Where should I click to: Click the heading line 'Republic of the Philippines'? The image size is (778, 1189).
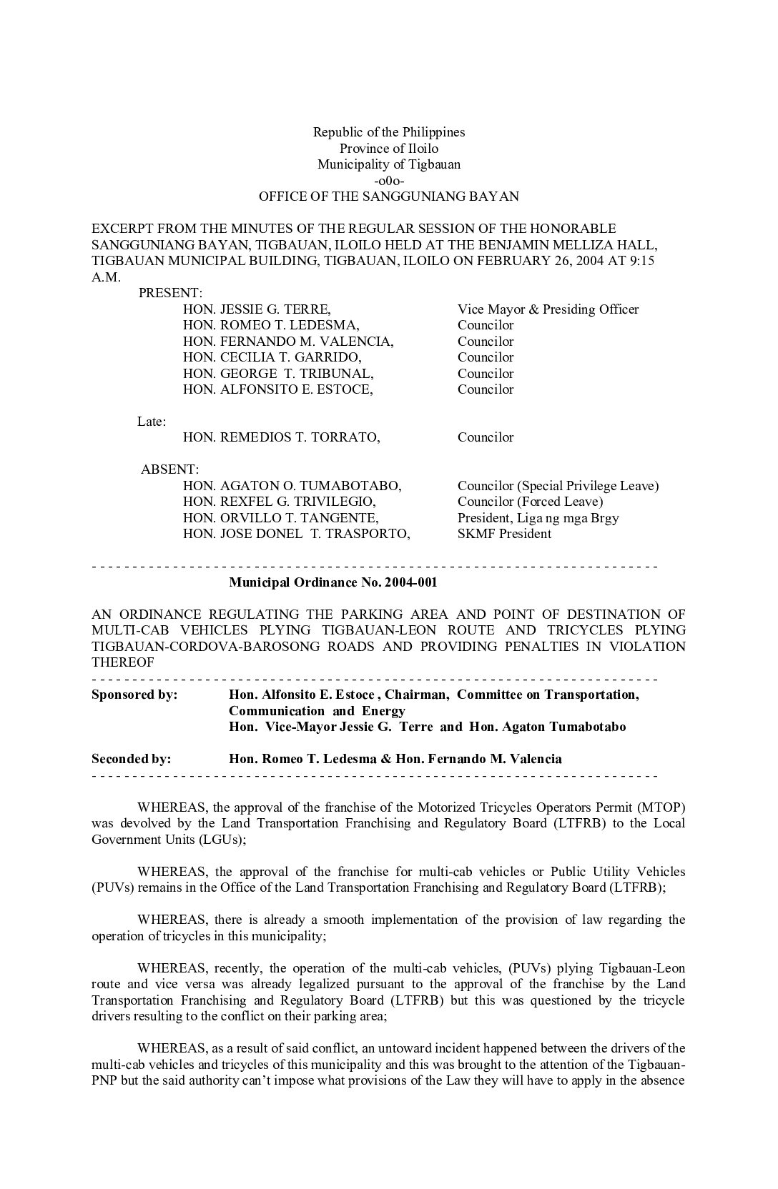pos(389,132)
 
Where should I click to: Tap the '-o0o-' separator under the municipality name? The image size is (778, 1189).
pos(389,180)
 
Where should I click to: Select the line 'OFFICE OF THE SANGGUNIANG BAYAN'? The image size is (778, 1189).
pos(389,196)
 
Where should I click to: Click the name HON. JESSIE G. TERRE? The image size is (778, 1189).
pos(257,309)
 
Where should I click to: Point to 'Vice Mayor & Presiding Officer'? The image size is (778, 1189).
pos(548,309)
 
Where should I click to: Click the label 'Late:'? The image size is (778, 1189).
pos(152,422)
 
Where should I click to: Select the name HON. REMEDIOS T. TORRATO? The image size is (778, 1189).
pos(281,437)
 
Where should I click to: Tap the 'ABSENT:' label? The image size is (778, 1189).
pos(169,469)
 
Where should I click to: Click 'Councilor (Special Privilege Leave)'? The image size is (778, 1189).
pos(558,486)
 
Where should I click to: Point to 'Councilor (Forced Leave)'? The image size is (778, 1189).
pos(530,502)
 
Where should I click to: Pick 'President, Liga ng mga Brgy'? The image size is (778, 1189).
pos(538,518)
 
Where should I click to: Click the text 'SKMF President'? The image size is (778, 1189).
pos(504,534)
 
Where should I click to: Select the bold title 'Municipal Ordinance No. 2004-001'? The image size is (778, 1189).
pos(333,582)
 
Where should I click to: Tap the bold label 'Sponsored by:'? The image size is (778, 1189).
pos(134,695)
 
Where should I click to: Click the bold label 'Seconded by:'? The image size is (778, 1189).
pos(131,759)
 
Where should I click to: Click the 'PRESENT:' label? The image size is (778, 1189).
pos(170,293)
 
